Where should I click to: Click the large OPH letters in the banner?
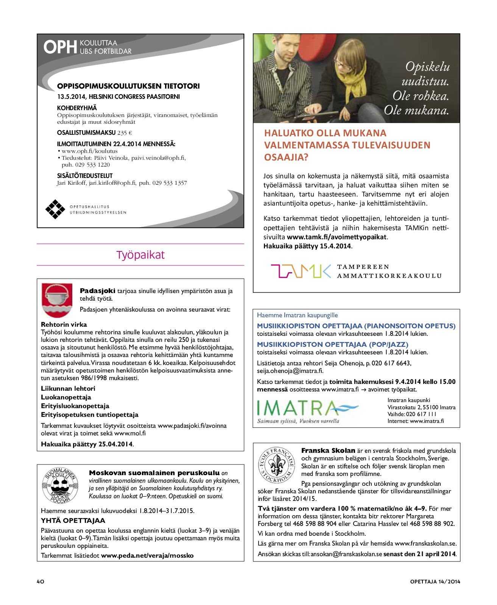(60, 47)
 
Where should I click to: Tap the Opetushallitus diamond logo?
(55, 209)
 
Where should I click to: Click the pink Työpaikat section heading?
(140, 255)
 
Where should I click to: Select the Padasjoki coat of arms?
(57, 300)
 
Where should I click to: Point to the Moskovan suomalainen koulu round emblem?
(59, 485)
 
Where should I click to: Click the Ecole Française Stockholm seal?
(276, 465)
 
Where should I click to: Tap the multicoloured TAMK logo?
(301, 271)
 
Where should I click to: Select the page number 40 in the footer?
(41, 582)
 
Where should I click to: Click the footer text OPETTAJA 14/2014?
(435, 582)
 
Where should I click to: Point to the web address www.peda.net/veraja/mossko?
(147, 555)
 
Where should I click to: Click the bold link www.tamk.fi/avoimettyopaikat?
(337, 237)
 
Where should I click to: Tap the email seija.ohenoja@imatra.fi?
(290, 371)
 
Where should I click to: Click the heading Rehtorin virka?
(64, 324)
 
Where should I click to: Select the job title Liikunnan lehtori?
(68, 388)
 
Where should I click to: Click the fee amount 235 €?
(125, 133)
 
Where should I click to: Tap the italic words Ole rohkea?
(421, 96)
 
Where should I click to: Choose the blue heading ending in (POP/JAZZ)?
(332, 345)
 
